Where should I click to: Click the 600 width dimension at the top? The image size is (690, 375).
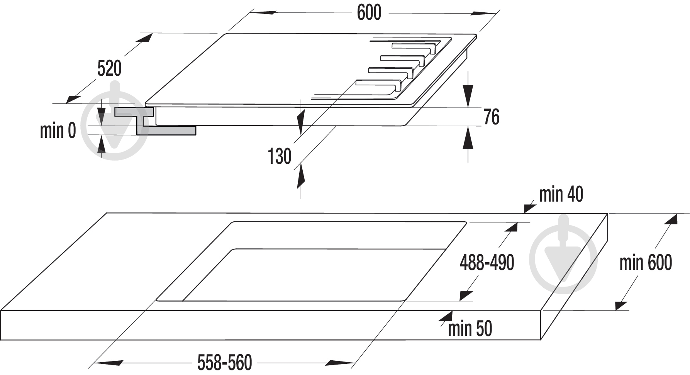369,13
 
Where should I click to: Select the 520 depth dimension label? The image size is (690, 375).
109,69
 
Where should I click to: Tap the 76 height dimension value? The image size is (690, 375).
491,117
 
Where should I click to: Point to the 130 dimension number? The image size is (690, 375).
279,156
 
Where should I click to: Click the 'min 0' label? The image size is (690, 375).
58,131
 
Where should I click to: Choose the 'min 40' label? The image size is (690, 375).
561,194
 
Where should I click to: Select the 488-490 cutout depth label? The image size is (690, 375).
487,263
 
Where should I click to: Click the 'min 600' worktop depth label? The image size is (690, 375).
646,263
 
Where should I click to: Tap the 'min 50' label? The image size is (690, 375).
470,329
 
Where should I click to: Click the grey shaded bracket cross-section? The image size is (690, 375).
155,121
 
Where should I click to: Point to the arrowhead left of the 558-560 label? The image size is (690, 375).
109,363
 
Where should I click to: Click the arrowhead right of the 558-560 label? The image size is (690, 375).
340,363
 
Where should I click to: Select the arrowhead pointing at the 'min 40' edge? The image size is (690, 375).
529,207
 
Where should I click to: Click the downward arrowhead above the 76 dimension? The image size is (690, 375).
468,95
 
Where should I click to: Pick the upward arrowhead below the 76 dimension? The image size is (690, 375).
468,138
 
